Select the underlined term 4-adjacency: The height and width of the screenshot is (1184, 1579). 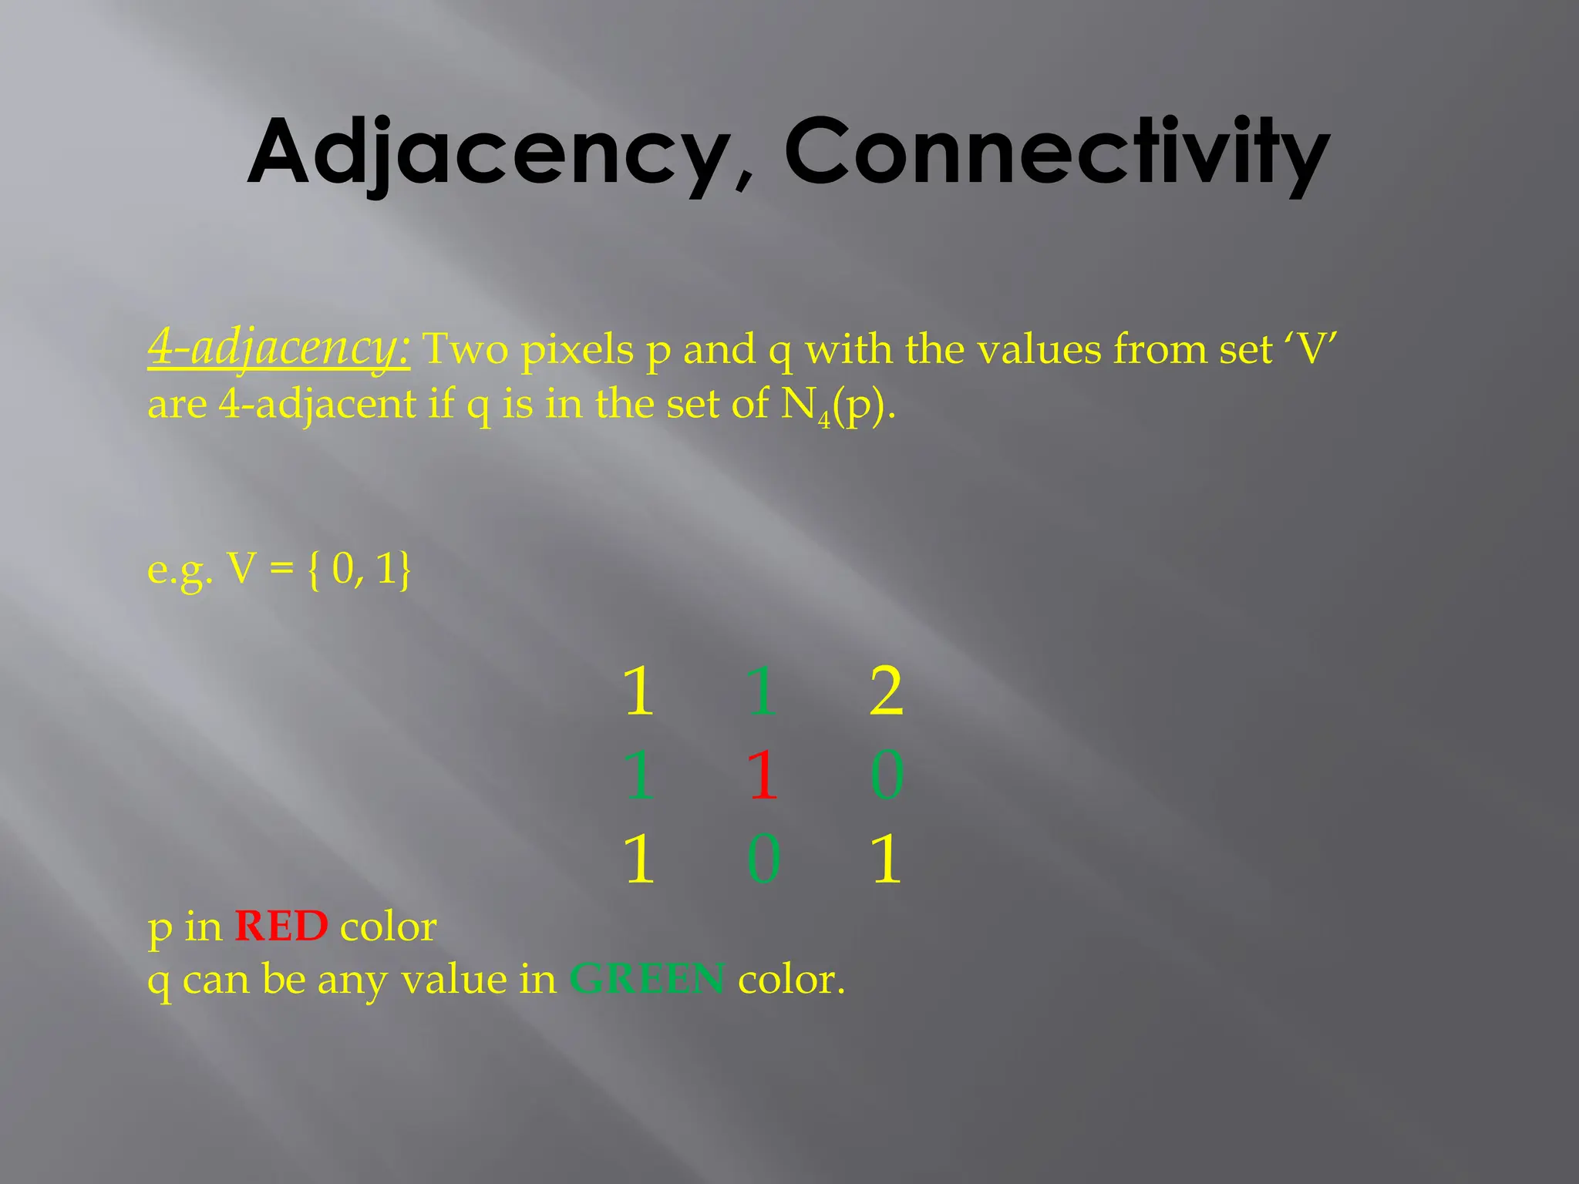(278, 349)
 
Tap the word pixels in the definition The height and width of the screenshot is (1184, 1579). (577, 351)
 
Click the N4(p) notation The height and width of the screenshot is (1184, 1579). (837, 405)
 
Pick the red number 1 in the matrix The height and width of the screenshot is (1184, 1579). (763, 774)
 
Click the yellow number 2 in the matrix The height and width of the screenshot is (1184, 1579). (886, 691)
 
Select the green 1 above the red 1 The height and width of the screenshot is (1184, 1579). (763, 691)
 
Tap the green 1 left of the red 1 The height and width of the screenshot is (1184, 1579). (639, 774)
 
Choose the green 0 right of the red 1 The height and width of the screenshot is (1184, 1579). (887, 774)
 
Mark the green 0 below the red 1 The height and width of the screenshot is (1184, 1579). (763, 859)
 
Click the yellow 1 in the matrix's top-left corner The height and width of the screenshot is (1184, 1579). (639, 691)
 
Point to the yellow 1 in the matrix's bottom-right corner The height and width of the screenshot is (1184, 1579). (886, 859)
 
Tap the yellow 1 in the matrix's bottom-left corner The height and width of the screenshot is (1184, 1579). (639, 859)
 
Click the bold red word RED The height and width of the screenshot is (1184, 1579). (281, 927)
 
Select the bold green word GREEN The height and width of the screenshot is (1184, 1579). (647, 980)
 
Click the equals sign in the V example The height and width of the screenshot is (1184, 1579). (282, 570)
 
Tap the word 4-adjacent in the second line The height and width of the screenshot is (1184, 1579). (318, 405)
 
